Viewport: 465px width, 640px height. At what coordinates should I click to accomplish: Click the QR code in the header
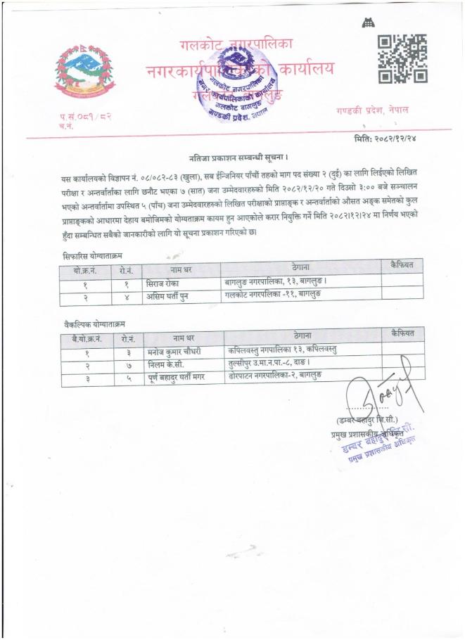click(x=402, y=59)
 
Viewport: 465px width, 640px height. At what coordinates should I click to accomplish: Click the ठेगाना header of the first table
click(x=302, y=268)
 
